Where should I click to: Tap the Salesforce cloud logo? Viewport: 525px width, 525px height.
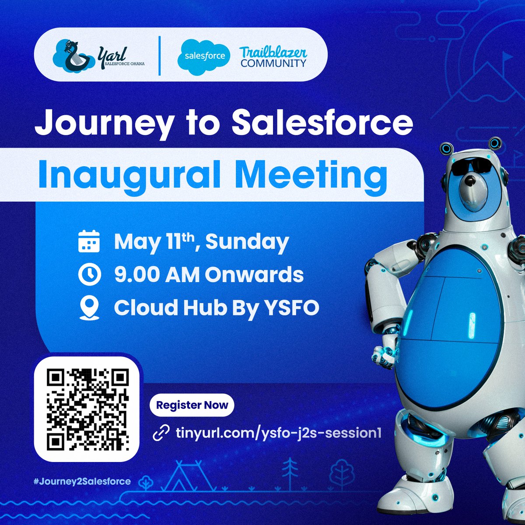(204, 56)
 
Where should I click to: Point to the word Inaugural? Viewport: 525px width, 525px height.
(129, 175)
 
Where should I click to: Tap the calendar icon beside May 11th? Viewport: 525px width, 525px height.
(89, 242)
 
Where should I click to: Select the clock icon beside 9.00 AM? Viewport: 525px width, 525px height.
(89, 275)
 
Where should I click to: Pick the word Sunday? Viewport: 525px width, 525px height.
(247, 242)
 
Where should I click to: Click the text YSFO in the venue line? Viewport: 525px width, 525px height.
(291, 308)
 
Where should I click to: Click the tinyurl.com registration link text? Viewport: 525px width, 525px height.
(278, 433)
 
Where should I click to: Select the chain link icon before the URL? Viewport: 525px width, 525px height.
(161, 433)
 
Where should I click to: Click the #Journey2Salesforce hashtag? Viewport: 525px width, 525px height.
(82, 481)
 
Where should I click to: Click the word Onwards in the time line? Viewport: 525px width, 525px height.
(254, 275)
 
